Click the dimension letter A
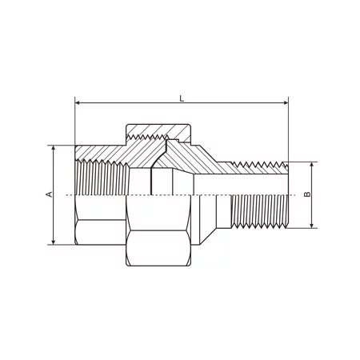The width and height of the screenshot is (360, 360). pyautogui.click(x=49, y=194)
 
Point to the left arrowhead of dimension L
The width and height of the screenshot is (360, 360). pyautogui.click(x=78, y=103)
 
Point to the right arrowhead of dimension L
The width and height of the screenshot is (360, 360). pyautogui.click(x=284, y=103)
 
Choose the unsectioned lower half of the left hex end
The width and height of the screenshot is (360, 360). pyautogui.click(x=100, y=228)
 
